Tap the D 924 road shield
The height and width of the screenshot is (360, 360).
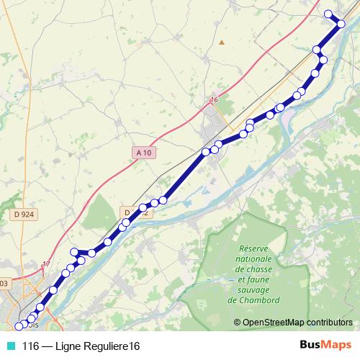point(24,214)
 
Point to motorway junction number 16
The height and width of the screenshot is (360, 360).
point(213,99)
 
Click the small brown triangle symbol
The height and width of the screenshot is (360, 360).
point(222,42)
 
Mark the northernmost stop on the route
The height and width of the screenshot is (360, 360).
point(328,14)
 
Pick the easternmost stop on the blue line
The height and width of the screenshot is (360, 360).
point(341,24)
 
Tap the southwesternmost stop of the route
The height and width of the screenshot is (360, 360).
point(19,327)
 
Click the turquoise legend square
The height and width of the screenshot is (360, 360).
point(10,346)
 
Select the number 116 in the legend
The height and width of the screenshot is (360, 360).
point(31,346)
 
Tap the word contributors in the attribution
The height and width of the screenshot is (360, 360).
point(331,323)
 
